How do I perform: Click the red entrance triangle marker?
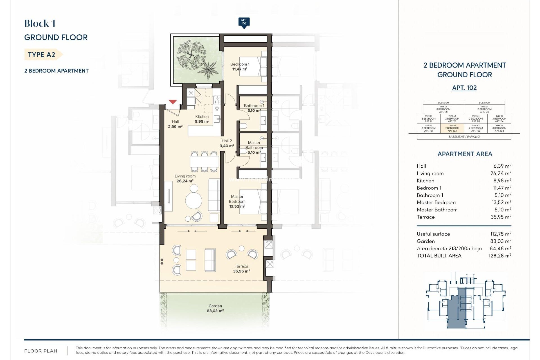[173, 102]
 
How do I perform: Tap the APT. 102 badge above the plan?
[244, 22]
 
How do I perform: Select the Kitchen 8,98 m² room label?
[202, 119]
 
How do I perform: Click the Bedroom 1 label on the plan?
[240, 66]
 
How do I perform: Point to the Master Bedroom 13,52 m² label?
[237, 201]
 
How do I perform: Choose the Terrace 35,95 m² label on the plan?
[241, 269]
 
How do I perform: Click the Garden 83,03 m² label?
[215, 308]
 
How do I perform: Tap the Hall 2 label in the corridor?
[227, 143]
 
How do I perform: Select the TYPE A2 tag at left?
[42, 55]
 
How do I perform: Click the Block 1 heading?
[40, 24]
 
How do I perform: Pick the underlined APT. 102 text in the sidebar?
[464, 88]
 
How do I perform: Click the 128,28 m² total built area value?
[500, 256]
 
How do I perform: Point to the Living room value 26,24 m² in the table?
[501, 174]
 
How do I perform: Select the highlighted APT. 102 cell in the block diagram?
[452, 128]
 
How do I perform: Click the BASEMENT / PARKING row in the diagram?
[464, 137]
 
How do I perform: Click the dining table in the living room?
[204, 162]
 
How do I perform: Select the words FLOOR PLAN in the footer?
[41, 351]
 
